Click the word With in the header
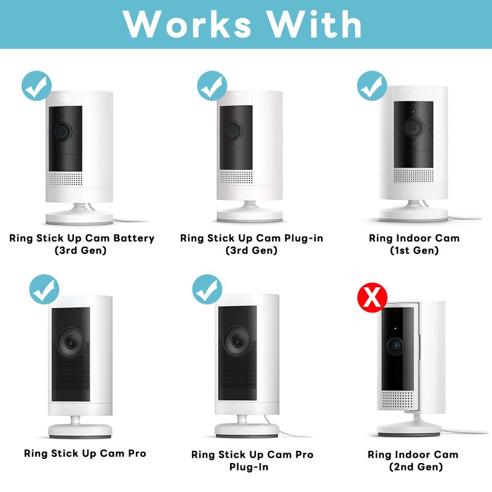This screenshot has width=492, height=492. pos(315,24)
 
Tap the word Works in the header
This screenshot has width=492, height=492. pos(187,25)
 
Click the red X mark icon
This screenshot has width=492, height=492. pos(372,298)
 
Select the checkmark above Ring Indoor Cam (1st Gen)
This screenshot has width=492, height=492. pos(372,85)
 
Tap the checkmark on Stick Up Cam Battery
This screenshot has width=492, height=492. pos(37,85)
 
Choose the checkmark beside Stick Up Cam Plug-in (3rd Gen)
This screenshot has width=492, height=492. pos(212,85)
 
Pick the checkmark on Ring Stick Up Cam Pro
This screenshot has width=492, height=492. pos(44,289)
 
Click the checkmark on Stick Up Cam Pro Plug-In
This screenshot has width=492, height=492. pos(207,289)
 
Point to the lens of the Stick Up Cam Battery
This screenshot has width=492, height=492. pos(63,131)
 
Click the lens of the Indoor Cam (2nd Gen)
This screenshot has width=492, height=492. pos(395,346)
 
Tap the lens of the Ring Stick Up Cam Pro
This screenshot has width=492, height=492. pos(71,342)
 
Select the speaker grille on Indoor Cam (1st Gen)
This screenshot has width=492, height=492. pos(414,175)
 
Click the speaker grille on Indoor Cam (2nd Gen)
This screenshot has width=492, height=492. pos(397,400)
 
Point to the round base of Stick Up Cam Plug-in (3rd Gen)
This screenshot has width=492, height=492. pos(250,216)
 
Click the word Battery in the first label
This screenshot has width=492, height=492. pos(134,238)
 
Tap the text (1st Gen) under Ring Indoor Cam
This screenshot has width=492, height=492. pos(414,250)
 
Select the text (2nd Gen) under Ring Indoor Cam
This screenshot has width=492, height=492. pos(416,467)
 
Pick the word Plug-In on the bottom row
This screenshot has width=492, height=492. pos(249,467)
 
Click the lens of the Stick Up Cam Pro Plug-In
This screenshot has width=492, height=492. pos(237,341)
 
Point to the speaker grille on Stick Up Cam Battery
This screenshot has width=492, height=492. pos(65,178)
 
